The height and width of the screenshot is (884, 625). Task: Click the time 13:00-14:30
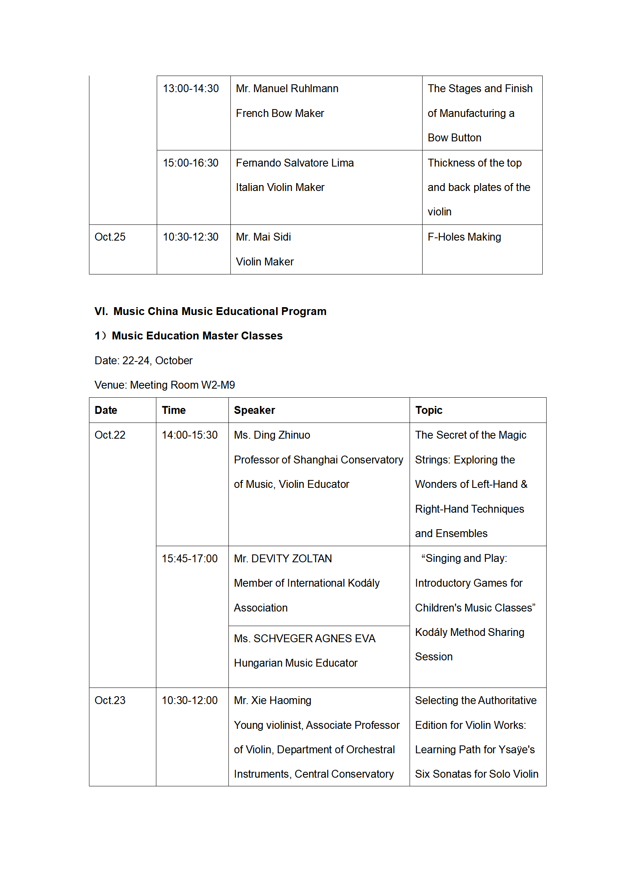(x=191, y=89)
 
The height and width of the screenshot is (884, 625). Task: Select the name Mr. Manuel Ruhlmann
(x=287, y=89)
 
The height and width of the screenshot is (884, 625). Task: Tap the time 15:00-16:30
(x=191, y=163)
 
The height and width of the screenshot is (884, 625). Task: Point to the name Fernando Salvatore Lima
(x=295, y=163)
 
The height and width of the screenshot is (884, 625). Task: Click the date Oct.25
(x=110, y=237)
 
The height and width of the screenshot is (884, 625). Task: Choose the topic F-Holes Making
(x=464, y=237)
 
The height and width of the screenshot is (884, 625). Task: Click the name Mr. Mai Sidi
(x=263, y=237)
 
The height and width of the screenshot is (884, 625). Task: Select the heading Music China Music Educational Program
(x=219, y=311)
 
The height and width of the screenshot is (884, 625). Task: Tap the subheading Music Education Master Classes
(x=197, y=336)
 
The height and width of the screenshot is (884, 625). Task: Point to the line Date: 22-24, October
(x=143, y=361)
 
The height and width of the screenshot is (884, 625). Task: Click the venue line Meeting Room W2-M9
(x=165, y=385)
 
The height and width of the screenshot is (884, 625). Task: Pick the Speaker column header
(x=254, y=410)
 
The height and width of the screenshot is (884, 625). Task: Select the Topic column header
(x=428, y=410)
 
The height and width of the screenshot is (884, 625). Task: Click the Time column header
(x=174, y=410)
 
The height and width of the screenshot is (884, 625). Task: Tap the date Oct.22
(x=110, y=435)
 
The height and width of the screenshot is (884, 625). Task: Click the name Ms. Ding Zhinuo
(x=272, y=435)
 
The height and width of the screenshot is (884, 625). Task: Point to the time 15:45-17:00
(x=189, y=559)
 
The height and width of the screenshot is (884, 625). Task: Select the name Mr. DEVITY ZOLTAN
(x=283, y=559)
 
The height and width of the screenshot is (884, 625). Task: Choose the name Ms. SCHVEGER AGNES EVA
(x=304, y=639)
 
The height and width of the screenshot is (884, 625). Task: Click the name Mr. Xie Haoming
(x=273, y=701)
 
